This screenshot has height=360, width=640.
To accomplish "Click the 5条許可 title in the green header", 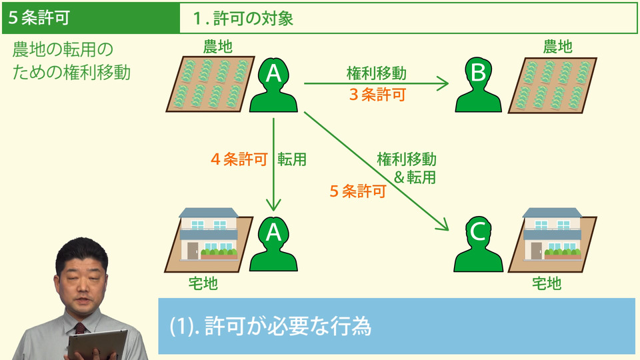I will coord(39,18).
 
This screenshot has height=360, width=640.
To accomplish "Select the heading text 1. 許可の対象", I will coord(243,19).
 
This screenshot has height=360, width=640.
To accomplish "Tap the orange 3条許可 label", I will coord(377,95).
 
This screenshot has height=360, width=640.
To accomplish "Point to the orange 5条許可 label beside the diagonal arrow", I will coord(358,192).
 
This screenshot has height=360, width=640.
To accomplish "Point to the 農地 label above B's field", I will coord(557,46).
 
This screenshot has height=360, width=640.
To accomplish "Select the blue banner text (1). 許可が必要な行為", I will coord(269,327).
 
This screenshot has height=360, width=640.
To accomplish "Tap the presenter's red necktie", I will coord(81,329).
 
